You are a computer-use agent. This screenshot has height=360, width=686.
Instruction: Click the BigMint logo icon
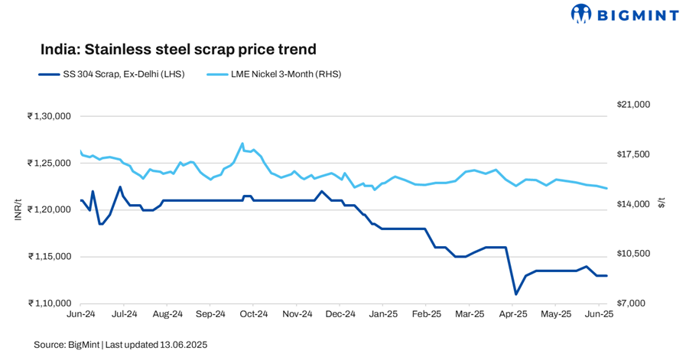pyautogui.click(x=582, y=14)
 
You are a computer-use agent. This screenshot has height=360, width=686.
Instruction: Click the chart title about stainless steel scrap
pyautogui.click(x=178, y=50)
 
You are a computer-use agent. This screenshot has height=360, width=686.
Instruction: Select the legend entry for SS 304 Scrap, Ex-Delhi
pyautogui.click(x=111, y=74)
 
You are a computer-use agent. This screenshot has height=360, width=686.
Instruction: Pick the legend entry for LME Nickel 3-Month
pyautogui.click(x=275, y=74)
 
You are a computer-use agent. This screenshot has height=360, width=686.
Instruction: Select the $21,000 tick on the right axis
pyautogui.click(x=632, y=105)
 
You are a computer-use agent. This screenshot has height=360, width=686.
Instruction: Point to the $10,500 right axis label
pyautogui.click(x=632, y=254)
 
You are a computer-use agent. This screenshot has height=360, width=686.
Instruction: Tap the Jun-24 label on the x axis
pyautogui.click(x=81, y=314)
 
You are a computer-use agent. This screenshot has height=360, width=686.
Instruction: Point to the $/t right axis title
pyautogui.click(x=662, y=203)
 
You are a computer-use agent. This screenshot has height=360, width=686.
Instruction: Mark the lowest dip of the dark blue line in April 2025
pyautogui.click(x=516, y=294)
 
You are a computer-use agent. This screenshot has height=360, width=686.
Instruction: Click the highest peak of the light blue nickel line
pyautogui.click(x=242, y=143)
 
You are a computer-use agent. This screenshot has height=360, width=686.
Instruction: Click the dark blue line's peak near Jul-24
pyautogui.click(x=120, y=187)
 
